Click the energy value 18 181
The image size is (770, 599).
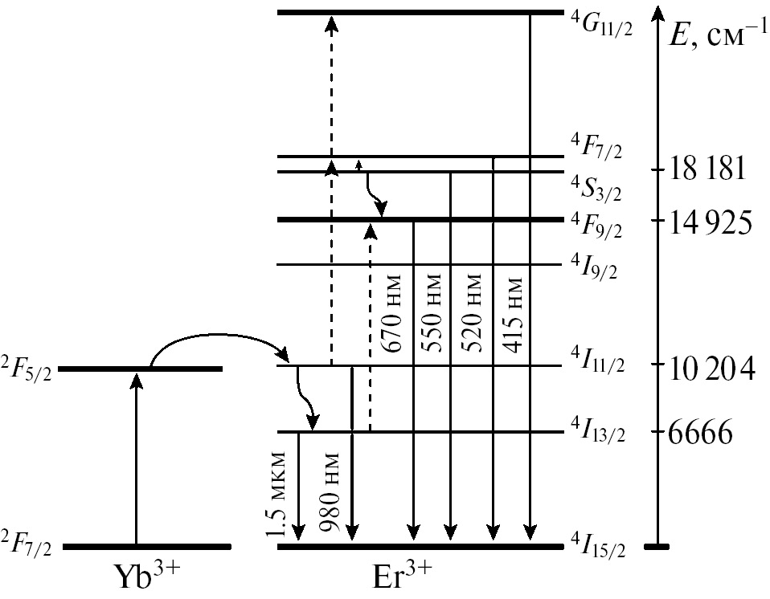(x=710, y=170)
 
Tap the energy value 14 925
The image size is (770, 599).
(x=711, y=220)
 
